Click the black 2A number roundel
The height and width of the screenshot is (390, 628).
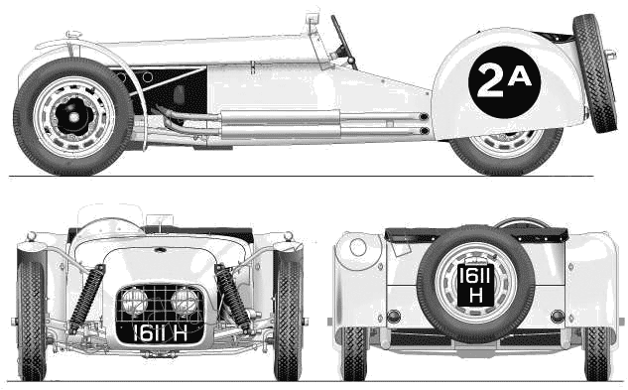tap(504, 82)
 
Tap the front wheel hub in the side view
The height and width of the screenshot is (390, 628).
tap(74, 117)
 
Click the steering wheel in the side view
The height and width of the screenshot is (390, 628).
tap(343, 42)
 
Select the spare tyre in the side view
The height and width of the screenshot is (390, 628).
tap(594, 73)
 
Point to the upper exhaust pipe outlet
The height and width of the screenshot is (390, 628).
tap(424, 117)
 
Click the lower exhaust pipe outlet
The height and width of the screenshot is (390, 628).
tap(425, 131)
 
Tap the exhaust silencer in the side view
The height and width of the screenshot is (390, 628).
tap(280, 124)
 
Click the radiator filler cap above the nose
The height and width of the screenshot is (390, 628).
tap(73, 35)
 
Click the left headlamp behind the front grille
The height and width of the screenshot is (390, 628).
tap(135, 301)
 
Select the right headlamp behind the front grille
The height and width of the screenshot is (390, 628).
tap(185, 301)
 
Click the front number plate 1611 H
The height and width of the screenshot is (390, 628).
tap(160, 332)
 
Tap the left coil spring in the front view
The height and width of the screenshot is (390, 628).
tap(86, 299)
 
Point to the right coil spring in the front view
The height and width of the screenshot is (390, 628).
tap(233, 298)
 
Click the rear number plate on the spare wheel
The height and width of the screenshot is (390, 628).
tap(475, 286)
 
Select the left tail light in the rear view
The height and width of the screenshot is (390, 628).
tap(394, 317)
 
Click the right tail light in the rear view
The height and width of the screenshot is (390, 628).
tap(558, 317)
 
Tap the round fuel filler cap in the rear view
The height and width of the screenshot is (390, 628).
tap(358, 247)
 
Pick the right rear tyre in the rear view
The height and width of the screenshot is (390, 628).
tap(597, 353)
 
